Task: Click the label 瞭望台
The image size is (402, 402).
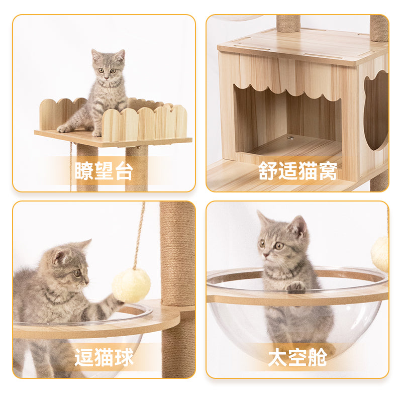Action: pos(104,171)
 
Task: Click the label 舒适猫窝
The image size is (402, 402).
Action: pos(297,171)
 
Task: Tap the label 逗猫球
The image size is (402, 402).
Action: pos(104,357)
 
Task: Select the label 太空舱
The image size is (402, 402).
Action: pos(297,357)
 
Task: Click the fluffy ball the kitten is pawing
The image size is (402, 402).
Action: pos(131,285)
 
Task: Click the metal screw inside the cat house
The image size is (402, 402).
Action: pos(290,137)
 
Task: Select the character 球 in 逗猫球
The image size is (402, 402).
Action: pos(124,357)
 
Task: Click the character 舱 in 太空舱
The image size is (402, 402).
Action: pos(317,357)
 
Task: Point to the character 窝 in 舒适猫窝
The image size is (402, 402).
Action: pos(327,171)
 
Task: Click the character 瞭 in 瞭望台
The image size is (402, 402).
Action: pos(84,171)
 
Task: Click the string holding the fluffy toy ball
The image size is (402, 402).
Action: pos(139,236)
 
